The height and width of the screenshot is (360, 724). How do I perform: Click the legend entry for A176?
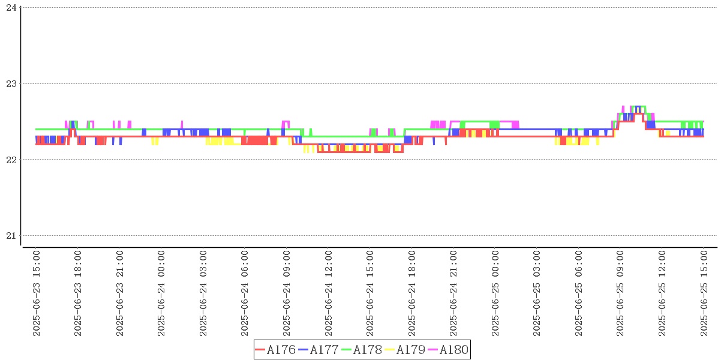(x=275, y=350)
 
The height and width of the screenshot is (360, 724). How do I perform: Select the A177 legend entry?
(x=319, y=350)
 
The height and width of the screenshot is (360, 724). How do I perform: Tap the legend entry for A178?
(x=362, y=350)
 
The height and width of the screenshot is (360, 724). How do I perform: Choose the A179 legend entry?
(x=405, y=350)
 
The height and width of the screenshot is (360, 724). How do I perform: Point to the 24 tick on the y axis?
(x=11, y=8)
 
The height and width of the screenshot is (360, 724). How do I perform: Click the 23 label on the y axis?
(x=11, y=83)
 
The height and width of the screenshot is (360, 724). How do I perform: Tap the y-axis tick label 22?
(x=11, y=160)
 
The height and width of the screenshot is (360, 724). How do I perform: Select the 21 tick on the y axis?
(x=11, y=235)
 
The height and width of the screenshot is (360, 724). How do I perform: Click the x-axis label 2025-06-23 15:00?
(x=37, y=294)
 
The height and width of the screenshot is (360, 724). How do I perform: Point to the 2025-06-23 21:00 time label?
(x=120, y=294)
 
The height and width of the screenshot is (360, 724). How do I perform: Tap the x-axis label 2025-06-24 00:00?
(x=161, y=294)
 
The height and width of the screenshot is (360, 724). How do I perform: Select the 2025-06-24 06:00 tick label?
(x=245, y=294)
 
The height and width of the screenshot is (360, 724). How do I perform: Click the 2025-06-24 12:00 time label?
(x=328, y=294)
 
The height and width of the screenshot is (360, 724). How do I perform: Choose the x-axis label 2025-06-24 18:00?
(x=411, y=294)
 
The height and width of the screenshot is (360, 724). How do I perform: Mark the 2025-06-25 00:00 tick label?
(x=495, y=294)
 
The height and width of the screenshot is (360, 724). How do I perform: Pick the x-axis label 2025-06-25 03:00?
(x=537, y=294)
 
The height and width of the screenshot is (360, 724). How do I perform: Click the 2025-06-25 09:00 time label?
(x=620, y=294)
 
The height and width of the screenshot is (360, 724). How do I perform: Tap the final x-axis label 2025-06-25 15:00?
(x=704, y=294)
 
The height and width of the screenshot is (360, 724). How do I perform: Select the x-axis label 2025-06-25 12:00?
(x=662, y=294)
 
